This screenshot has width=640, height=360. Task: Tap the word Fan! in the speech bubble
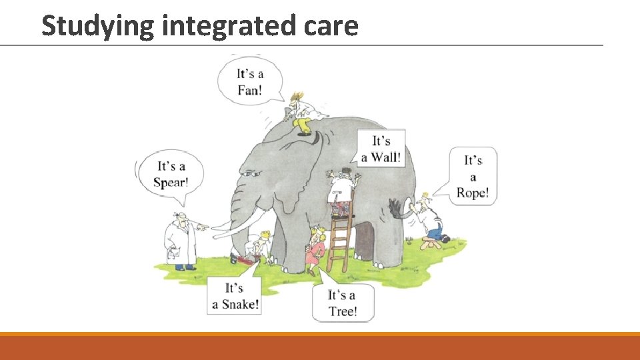(249, 89)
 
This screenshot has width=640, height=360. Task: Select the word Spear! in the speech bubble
(171, 182)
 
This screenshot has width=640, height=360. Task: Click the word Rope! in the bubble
(473, 193)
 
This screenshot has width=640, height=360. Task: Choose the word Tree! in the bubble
(343, 311)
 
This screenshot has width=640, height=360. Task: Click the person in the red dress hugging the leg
(315, 250)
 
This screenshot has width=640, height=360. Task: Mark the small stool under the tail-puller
(432, 243)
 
